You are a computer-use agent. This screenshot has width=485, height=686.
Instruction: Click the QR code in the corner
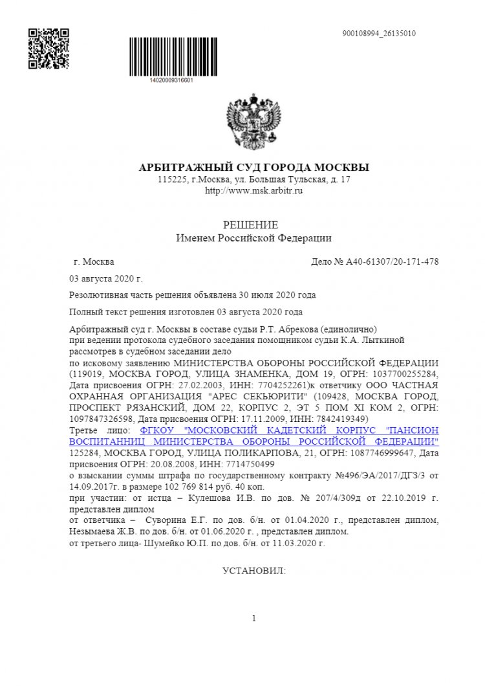point(48,49)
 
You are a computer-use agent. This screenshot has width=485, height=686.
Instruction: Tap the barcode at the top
point(171,57)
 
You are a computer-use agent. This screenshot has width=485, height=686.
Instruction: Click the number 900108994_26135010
point(378,34)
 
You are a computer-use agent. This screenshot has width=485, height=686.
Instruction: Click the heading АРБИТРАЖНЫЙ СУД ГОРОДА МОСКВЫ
point(254,168)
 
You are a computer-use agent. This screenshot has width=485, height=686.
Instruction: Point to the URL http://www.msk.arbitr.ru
point(254,191)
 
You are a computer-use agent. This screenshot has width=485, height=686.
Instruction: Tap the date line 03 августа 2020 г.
point(105,279)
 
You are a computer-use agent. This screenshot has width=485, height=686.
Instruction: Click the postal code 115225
point(171,179)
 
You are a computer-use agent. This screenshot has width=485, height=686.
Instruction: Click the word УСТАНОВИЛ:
point(254,571)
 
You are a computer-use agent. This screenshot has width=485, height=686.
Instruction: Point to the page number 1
point(254,618)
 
